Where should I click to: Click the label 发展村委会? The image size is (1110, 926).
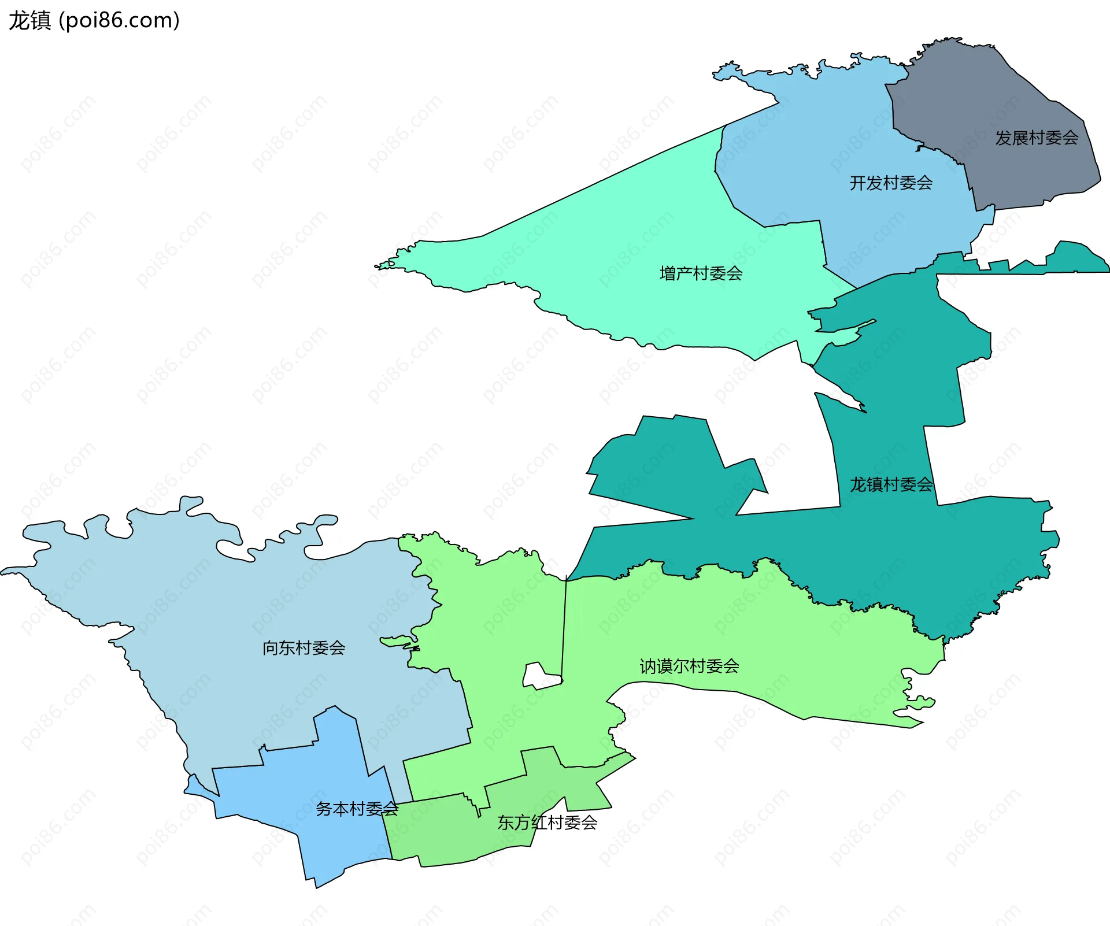1037,138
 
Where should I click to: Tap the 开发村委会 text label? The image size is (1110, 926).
891,183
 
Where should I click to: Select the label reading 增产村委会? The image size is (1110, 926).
701,273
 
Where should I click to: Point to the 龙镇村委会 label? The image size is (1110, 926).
891,484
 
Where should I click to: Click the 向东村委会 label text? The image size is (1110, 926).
304,648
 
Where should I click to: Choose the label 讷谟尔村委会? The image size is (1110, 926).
689,666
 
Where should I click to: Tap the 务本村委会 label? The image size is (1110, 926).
357,809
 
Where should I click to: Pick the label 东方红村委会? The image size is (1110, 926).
547,823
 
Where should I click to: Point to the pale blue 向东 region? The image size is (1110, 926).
202,607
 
